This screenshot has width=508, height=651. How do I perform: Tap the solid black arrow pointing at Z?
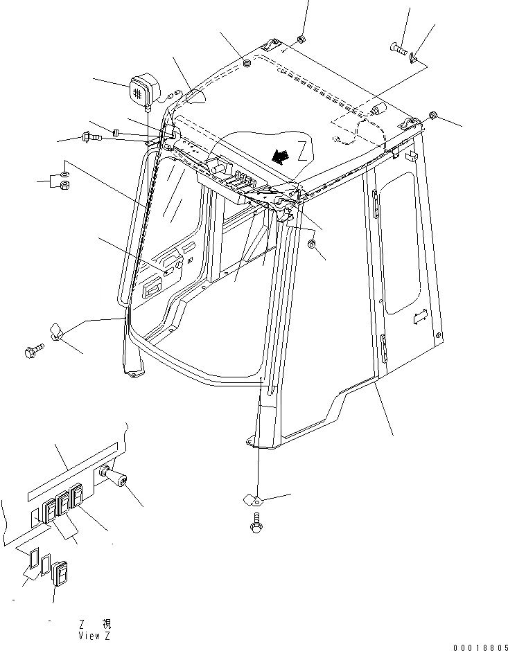281,157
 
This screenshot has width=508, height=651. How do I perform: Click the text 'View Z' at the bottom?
94,635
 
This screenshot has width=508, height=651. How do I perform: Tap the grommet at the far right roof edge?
432,114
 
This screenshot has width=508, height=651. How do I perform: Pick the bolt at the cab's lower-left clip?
32,353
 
